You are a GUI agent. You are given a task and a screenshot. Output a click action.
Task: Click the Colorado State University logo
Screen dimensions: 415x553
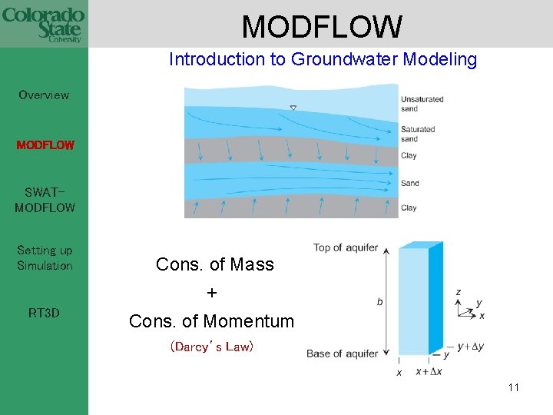[43, 24]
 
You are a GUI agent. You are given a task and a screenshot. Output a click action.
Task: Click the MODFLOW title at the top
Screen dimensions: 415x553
[322, 27]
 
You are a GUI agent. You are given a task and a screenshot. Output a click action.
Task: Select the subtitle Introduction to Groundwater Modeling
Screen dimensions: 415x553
[323, 59]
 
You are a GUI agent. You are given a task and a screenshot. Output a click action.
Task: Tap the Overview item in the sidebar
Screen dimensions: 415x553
[44, 95]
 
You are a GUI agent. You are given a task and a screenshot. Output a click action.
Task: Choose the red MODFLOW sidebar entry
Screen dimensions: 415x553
[45, 144]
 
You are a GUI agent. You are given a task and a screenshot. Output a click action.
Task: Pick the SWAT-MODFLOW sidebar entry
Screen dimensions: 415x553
[45, 200]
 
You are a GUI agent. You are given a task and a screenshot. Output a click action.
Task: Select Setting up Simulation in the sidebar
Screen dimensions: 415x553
[45, 258]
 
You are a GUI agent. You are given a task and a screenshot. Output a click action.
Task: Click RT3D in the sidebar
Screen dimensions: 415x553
[44, 313]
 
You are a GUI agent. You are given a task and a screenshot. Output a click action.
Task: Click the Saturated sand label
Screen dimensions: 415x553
[418, 134]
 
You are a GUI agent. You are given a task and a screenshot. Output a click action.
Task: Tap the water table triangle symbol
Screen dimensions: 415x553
[293, 108]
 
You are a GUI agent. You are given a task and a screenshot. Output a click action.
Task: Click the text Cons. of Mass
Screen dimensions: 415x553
[214, 264]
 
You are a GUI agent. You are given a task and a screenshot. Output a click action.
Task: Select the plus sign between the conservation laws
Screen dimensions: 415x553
[213, 294]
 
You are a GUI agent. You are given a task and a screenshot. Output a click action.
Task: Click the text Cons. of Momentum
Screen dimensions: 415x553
[211, 321]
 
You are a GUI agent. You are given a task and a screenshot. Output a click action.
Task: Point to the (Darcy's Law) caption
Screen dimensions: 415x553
[211, 347]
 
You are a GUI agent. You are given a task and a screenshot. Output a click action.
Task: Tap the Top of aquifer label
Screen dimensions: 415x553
[346, 247]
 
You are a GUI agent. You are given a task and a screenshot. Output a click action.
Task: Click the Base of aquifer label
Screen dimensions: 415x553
[342, 354]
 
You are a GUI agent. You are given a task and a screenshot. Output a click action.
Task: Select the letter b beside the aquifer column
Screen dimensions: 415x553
[379, 302]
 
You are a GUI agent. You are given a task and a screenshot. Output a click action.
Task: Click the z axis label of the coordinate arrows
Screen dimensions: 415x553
[459, 293]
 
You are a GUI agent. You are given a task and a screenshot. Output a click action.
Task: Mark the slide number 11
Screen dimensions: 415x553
[513, 387]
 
